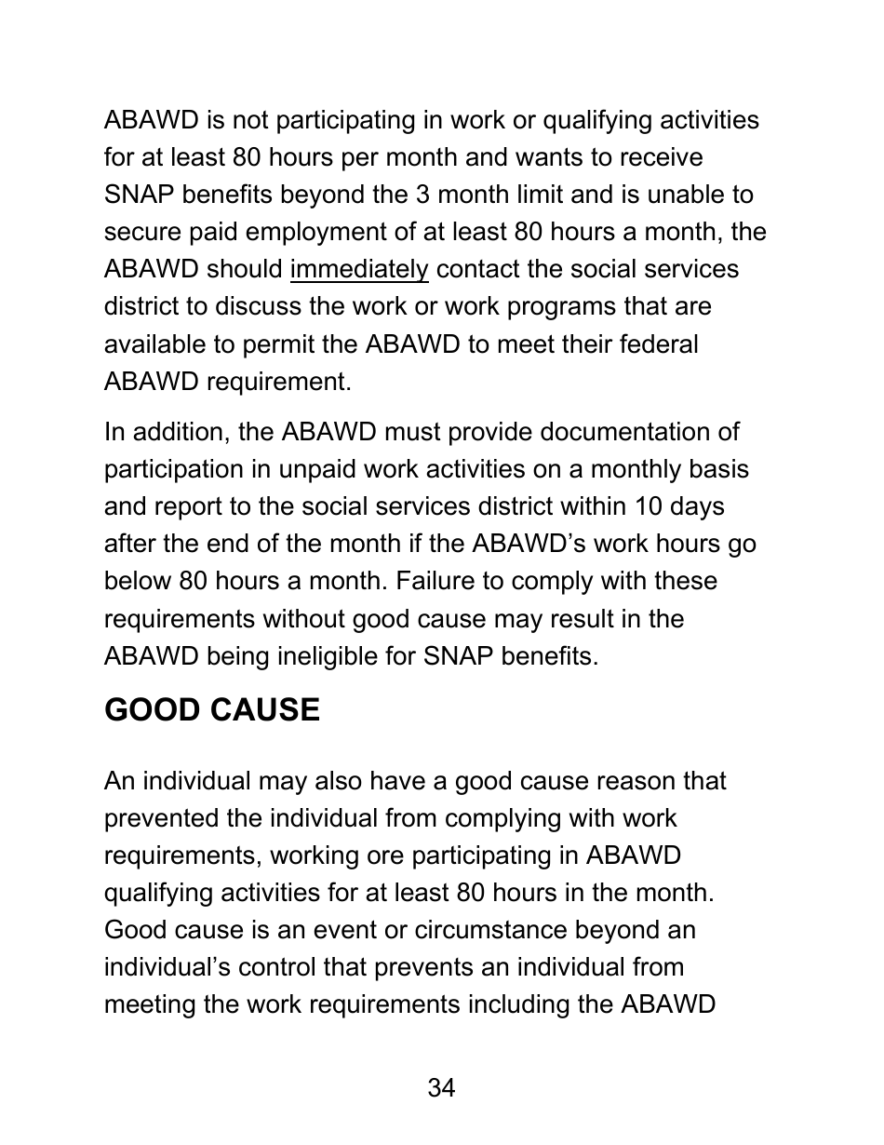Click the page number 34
tap(441, 1087)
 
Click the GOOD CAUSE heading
tap(211, 710)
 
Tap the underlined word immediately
tap(359, 270)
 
